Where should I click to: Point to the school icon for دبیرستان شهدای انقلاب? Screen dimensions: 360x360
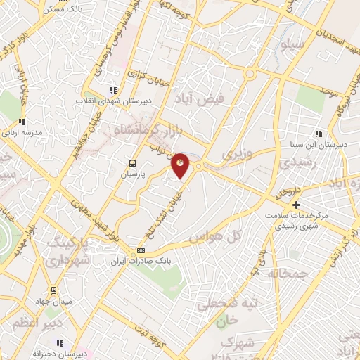pos(113,89)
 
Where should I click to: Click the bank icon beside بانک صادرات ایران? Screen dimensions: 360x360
pos(141,251)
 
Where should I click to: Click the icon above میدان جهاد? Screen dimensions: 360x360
pos(53,290)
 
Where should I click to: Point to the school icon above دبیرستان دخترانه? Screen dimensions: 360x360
pos(59,343)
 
